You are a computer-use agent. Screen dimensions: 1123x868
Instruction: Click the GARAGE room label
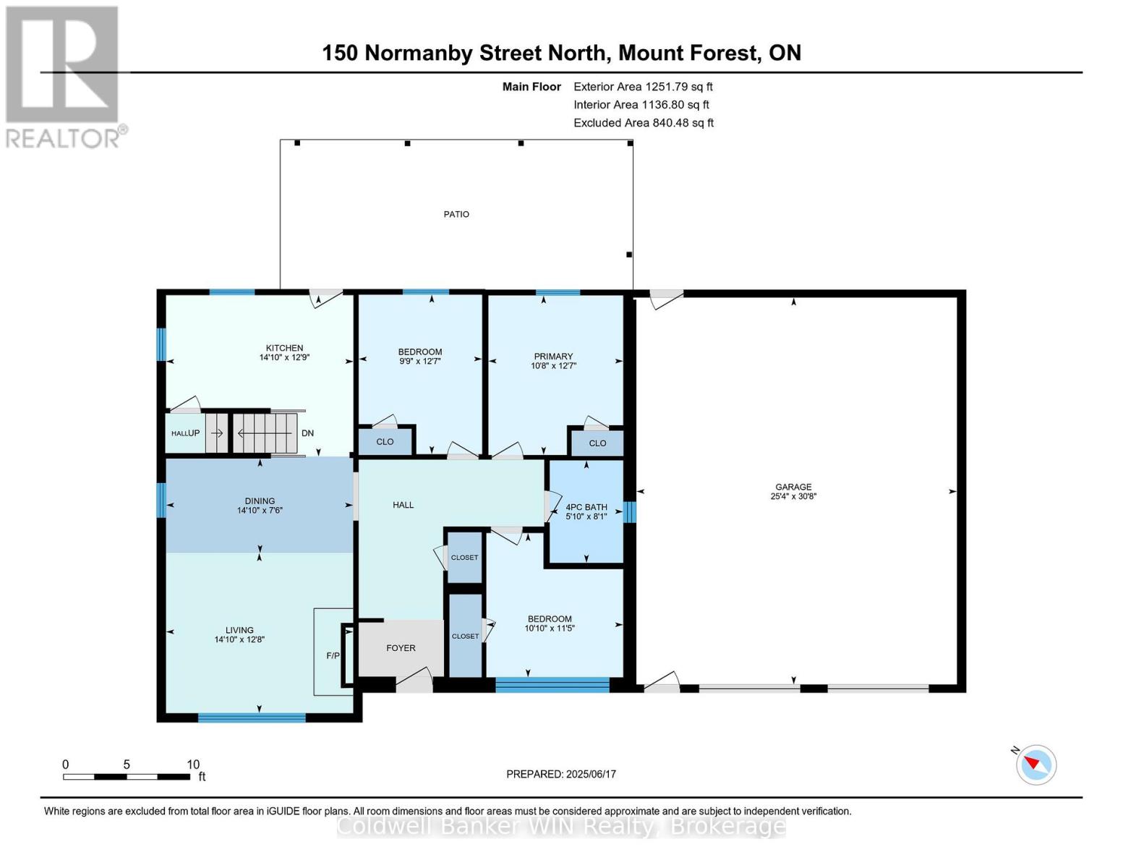793,487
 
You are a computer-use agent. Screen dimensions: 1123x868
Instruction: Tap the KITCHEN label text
284,348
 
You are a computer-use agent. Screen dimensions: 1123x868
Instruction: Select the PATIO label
456,214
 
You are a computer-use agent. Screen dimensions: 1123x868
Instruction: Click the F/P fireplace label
333,655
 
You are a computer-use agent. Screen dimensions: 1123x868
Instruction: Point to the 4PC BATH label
586,507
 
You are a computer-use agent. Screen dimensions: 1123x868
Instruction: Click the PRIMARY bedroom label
553,356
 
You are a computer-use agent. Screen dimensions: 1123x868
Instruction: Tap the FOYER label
401,648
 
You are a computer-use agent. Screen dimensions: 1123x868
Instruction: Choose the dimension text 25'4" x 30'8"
793,496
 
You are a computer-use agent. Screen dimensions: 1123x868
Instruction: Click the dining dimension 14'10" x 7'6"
260,510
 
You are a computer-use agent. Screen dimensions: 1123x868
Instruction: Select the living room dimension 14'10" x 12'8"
239,639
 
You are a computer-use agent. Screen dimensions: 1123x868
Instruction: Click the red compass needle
1031,762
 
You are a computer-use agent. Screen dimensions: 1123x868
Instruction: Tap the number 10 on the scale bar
193,764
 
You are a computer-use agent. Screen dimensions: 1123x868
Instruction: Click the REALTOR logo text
62,138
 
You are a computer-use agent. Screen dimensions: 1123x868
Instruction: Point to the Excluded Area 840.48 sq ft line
644,122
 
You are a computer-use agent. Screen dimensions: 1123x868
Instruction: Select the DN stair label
307,433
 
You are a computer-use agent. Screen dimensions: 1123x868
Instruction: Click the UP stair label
193,433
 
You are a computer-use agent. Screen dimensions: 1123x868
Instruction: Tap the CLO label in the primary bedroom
597,443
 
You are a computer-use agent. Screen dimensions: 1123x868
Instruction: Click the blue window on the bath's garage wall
629,512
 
